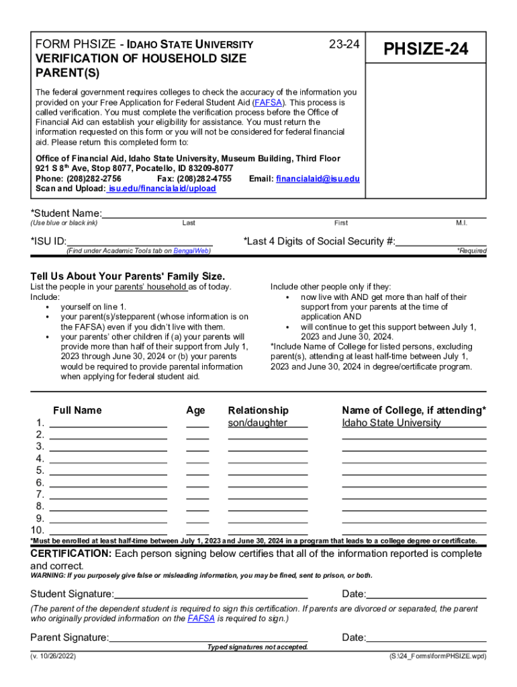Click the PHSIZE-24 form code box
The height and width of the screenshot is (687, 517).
click(x=425, y=50)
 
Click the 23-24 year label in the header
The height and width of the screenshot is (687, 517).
click(x=344, y=45)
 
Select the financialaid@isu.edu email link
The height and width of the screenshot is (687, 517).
click(x=318, y=179)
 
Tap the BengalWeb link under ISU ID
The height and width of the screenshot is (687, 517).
click(x=191, y=251)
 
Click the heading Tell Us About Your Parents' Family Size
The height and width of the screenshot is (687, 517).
click(x=128, y=276)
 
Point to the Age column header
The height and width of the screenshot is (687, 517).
click(x=196, y=411)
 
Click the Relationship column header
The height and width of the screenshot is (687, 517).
click(x=258, y=411)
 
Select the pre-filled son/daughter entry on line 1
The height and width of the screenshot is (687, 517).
click(x=258, y=423)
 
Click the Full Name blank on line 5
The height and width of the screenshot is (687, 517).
click(x=108, y=470)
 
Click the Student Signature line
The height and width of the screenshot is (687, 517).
click(x=211, y=594)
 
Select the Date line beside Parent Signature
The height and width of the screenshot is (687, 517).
click(x=426, y=637)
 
